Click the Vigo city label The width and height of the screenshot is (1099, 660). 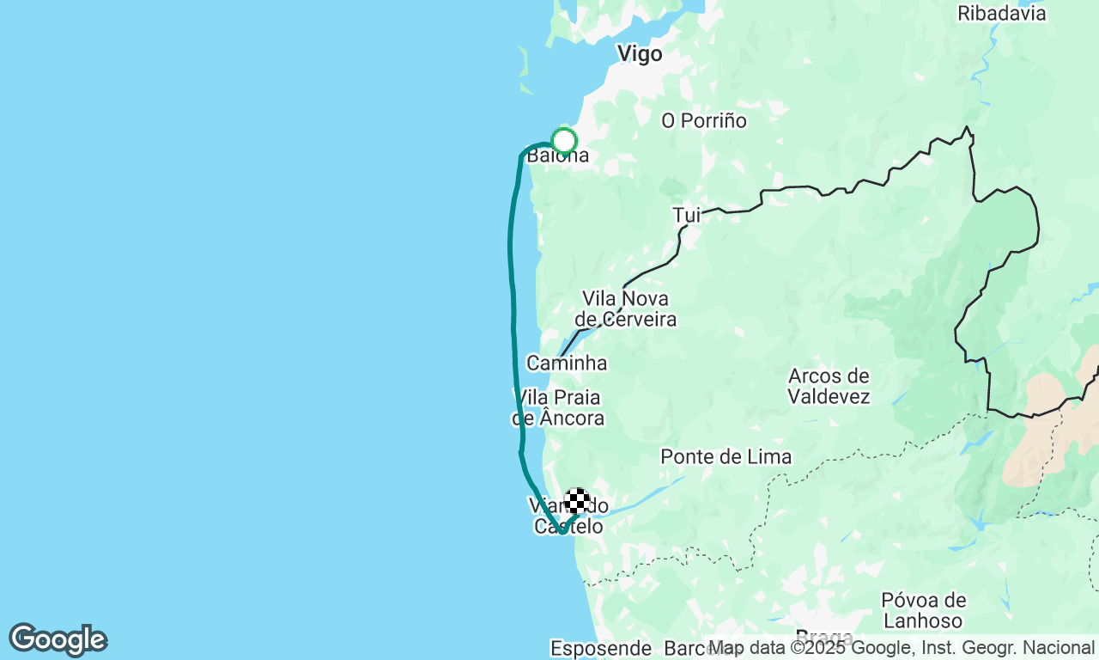tap(640, 54)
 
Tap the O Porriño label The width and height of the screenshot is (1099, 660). tap(703, 121)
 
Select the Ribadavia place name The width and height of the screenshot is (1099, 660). tap(1001, 14)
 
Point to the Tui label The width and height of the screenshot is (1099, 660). tap(687, 215)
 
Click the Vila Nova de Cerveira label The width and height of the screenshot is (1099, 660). tap(625, 309)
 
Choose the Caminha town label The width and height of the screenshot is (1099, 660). tap(567, 363)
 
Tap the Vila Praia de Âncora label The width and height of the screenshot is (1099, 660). tap(558, 408)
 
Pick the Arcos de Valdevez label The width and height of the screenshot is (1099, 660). tap(829, 386)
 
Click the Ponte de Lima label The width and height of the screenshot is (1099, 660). tap(726, 456)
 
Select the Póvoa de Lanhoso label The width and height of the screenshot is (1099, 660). tap(923, 609)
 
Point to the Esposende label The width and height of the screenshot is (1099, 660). tap(601, 648)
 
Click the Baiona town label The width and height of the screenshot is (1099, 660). tap(558, 156)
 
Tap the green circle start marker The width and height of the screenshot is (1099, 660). tap(564, 140)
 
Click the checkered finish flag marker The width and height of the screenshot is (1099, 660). tap(577, 501)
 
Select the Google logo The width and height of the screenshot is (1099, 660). tap(58, 640)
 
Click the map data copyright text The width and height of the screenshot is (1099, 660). tap(901, 647)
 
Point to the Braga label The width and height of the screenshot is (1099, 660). tap(824, 638)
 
